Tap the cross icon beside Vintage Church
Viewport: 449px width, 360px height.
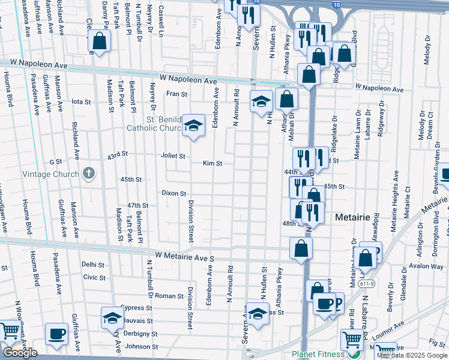point(89,174)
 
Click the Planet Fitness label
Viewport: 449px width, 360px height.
point(318,354)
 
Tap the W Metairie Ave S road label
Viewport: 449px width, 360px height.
point(184,257)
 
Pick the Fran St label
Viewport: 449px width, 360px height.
point(176,94)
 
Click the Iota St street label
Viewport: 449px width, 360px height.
point(80,101)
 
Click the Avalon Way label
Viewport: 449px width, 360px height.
point(427,266)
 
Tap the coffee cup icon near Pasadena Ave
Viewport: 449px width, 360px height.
point(58,334)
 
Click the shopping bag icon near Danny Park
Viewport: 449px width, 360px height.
point(100,41)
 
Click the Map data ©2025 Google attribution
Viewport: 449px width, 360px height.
point(412,355)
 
